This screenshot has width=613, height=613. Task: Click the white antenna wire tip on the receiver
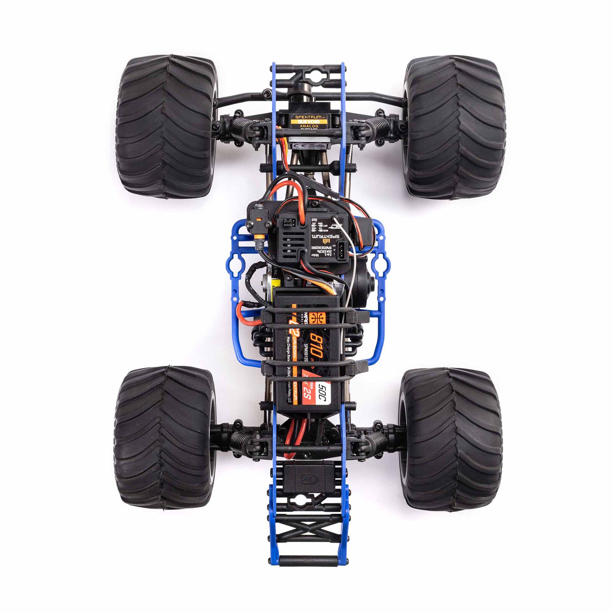(x=334, y=219)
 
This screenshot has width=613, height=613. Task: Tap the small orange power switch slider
(x=259, y=221)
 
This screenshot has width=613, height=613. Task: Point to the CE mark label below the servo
(x=308, y=146)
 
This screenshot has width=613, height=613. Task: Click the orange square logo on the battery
(x=319, y=318)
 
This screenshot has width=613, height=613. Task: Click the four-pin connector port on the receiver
(x=342, y=250)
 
